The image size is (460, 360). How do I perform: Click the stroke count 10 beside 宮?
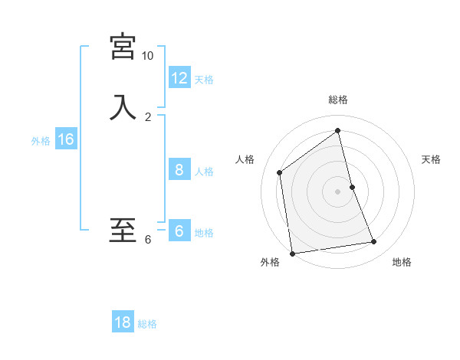point(147,56)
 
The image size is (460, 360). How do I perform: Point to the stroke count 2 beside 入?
point(148,117)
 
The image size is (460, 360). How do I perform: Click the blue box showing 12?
point(179,78)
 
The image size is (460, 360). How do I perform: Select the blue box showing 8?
point(179,170)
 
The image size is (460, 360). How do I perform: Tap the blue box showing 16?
point(66,139)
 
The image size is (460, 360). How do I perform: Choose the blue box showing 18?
point(123,322)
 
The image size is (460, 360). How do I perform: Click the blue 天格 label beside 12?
point(204,80)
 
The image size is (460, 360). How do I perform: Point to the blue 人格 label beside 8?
point(204,172)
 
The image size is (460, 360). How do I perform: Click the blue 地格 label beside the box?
point(204,233)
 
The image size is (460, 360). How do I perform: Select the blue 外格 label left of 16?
point(41,141)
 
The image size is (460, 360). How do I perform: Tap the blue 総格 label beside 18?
point(147,324)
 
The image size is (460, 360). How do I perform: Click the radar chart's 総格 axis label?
point(338,100)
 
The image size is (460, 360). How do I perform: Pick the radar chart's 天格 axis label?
point(432,159)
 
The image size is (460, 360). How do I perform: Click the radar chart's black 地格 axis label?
point(402,262)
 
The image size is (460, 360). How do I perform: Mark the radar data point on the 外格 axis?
point(291,253)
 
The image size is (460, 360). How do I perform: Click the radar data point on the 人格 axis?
point(280,172)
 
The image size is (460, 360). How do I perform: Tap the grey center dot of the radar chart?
point(338,191)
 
